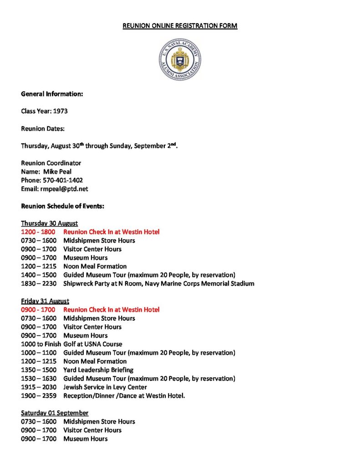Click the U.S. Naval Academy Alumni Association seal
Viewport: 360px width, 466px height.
(x=180, y=59)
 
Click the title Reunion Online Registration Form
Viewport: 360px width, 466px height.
(x=180, y=26)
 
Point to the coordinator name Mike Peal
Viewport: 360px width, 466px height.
(x=58, y=172)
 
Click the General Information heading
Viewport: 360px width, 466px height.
(x=52, y=94)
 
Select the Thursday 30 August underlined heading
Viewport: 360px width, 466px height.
(x=49, y=223)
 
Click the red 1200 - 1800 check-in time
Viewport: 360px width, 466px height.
(x=39, y=232)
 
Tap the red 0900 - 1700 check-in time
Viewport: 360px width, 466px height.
(x=39, y=310)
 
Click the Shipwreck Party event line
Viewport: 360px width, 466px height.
(x=158, y=284)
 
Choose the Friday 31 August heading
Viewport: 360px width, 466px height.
(x=45, y=301)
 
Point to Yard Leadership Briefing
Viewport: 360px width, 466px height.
(x=98, y=370)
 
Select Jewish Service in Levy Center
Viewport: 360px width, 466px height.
(x=105, y=387)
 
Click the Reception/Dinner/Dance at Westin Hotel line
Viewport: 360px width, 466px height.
(x=124, y=396)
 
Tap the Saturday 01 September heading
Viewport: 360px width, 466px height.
(x=55, y=413)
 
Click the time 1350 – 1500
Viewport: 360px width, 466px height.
(x=39, y=370)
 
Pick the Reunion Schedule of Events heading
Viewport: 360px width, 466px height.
(x=63, y=206)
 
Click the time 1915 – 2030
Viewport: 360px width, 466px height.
(x=39, y=387)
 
